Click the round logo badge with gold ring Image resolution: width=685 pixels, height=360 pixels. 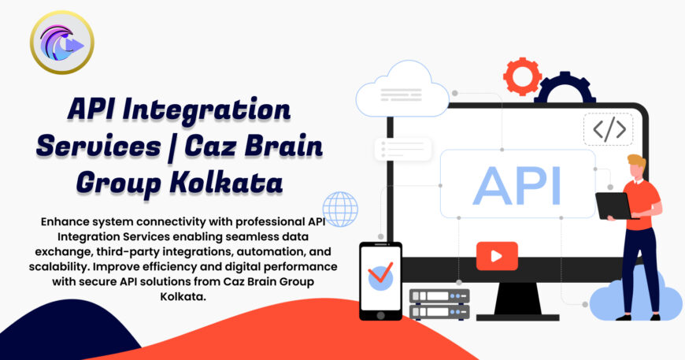[x=61, y=43]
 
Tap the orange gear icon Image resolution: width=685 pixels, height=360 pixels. [x=522, y=76]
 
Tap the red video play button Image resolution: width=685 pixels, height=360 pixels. [x=497, y=255]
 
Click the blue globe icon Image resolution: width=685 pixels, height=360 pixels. [x=340, y=209]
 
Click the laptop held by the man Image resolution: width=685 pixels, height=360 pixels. [x=613, y=206]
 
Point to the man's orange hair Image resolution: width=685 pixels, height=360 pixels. [x=636, y=163]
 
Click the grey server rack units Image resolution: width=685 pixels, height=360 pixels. [x=439, y=304]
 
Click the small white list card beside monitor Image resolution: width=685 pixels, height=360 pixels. [x=403, y=149]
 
